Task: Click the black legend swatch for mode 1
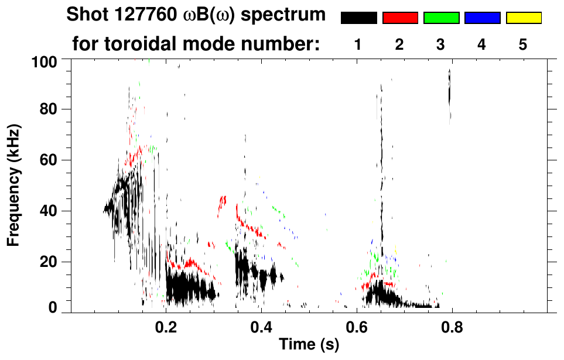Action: [x=358, y=18]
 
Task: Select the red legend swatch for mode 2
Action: [x=400, y=18]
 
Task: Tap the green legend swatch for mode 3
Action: [x=441, y=18]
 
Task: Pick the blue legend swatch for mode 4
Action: [x=482, y=18]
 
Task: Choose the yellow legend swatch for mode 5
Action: [x=524, y=18]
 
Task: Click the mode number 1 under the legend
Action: [x=358, y=44]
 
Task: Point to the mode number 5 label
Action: [x=523, y=44]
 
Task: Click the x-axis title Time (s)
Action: [x=309, y=345]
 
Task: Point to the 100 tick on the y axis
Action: [x=46, y=60]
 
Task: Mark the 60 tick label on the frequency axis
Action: [x=49, y=160]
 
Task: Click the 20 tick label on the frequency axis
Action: [x=49, y=262]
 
